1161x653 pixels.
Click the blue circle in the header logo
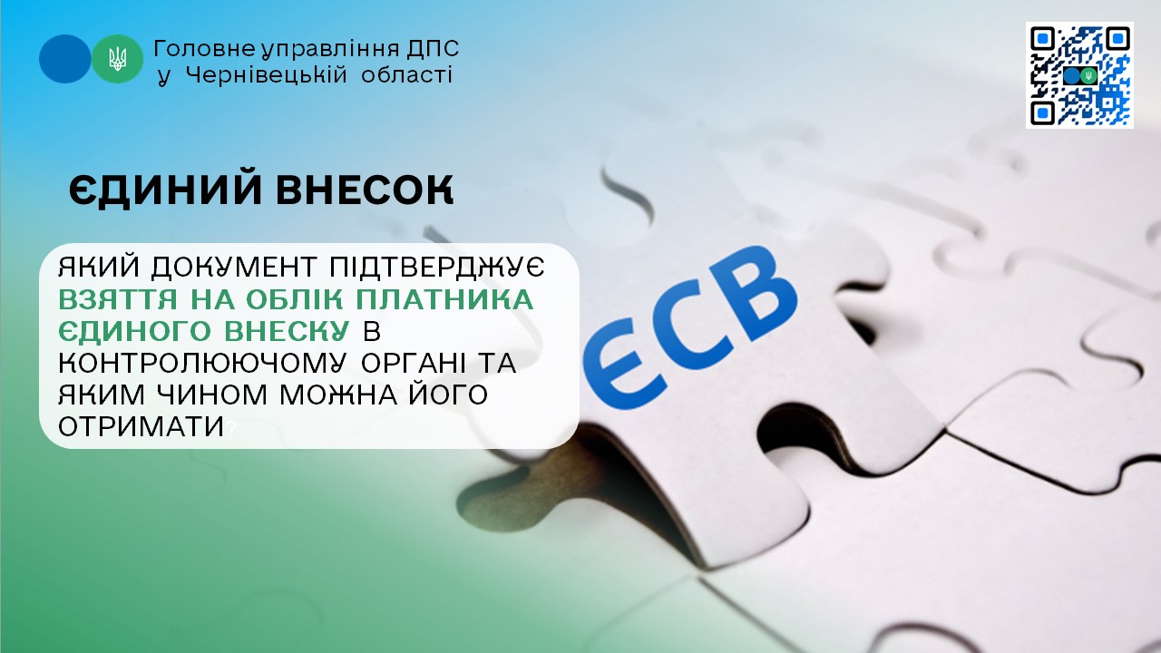(x=64, y=59)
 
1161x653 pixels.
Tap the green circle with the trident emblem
(x=118, y=59)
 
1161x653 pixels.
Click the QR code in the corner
(x=1079, y=75)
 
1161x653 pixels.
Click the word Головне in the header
(x=191, y=47)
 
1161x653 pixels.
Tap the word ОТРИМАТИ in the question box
(x=141, y=425)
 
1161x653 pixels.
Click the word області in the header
(x=406, y=75)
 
